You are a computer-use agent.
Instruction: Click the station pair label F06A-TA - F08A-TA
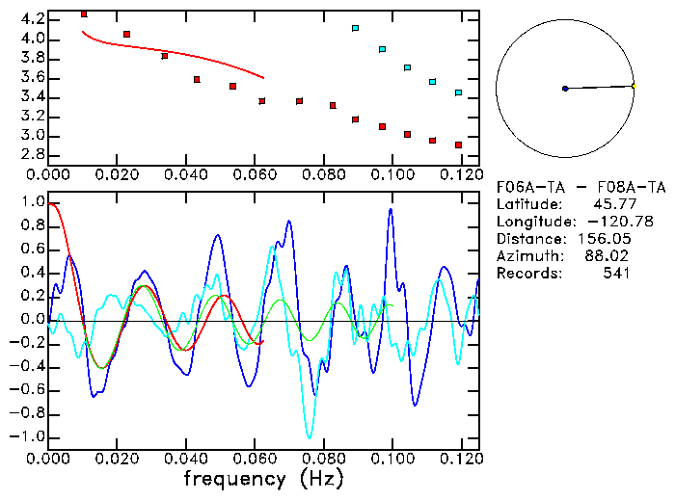580,187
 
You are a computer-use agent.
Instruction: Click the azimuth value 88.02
611,256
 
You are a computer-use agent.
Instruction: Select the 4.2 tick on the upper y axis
33,19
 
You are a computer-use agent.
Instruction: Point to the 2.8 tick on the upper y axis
33,154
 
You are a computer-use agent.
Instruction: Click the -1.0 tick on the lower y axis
29,436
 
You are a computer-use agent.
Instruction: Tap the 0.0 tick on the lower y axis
33,320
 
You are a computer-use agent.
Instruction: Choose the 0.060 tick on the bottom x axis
255,459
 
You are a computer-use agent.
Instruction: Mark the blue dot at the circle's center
565,89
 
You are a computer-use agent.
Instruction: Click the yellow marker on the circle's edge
633,87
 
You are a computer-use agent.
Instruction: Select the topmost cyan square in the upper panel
355,29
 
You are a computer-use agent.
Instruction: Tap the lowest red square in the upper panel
458,145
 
